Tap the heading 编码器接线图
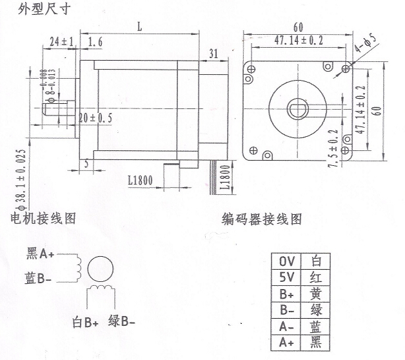point(261,219)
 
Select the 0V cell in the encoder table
point(286,261)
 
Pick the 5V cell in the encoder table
point(286,277)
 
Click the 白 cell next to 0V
point(315,261)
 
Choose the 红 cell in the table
point(315,277)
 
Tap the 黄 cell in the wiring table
point(315,294)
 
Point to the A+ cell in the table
point(286,343)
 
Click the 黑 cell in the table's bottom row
point(315,343)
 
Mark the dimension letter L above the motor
point(140,26)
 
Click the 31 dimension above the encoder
point(213,52)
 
